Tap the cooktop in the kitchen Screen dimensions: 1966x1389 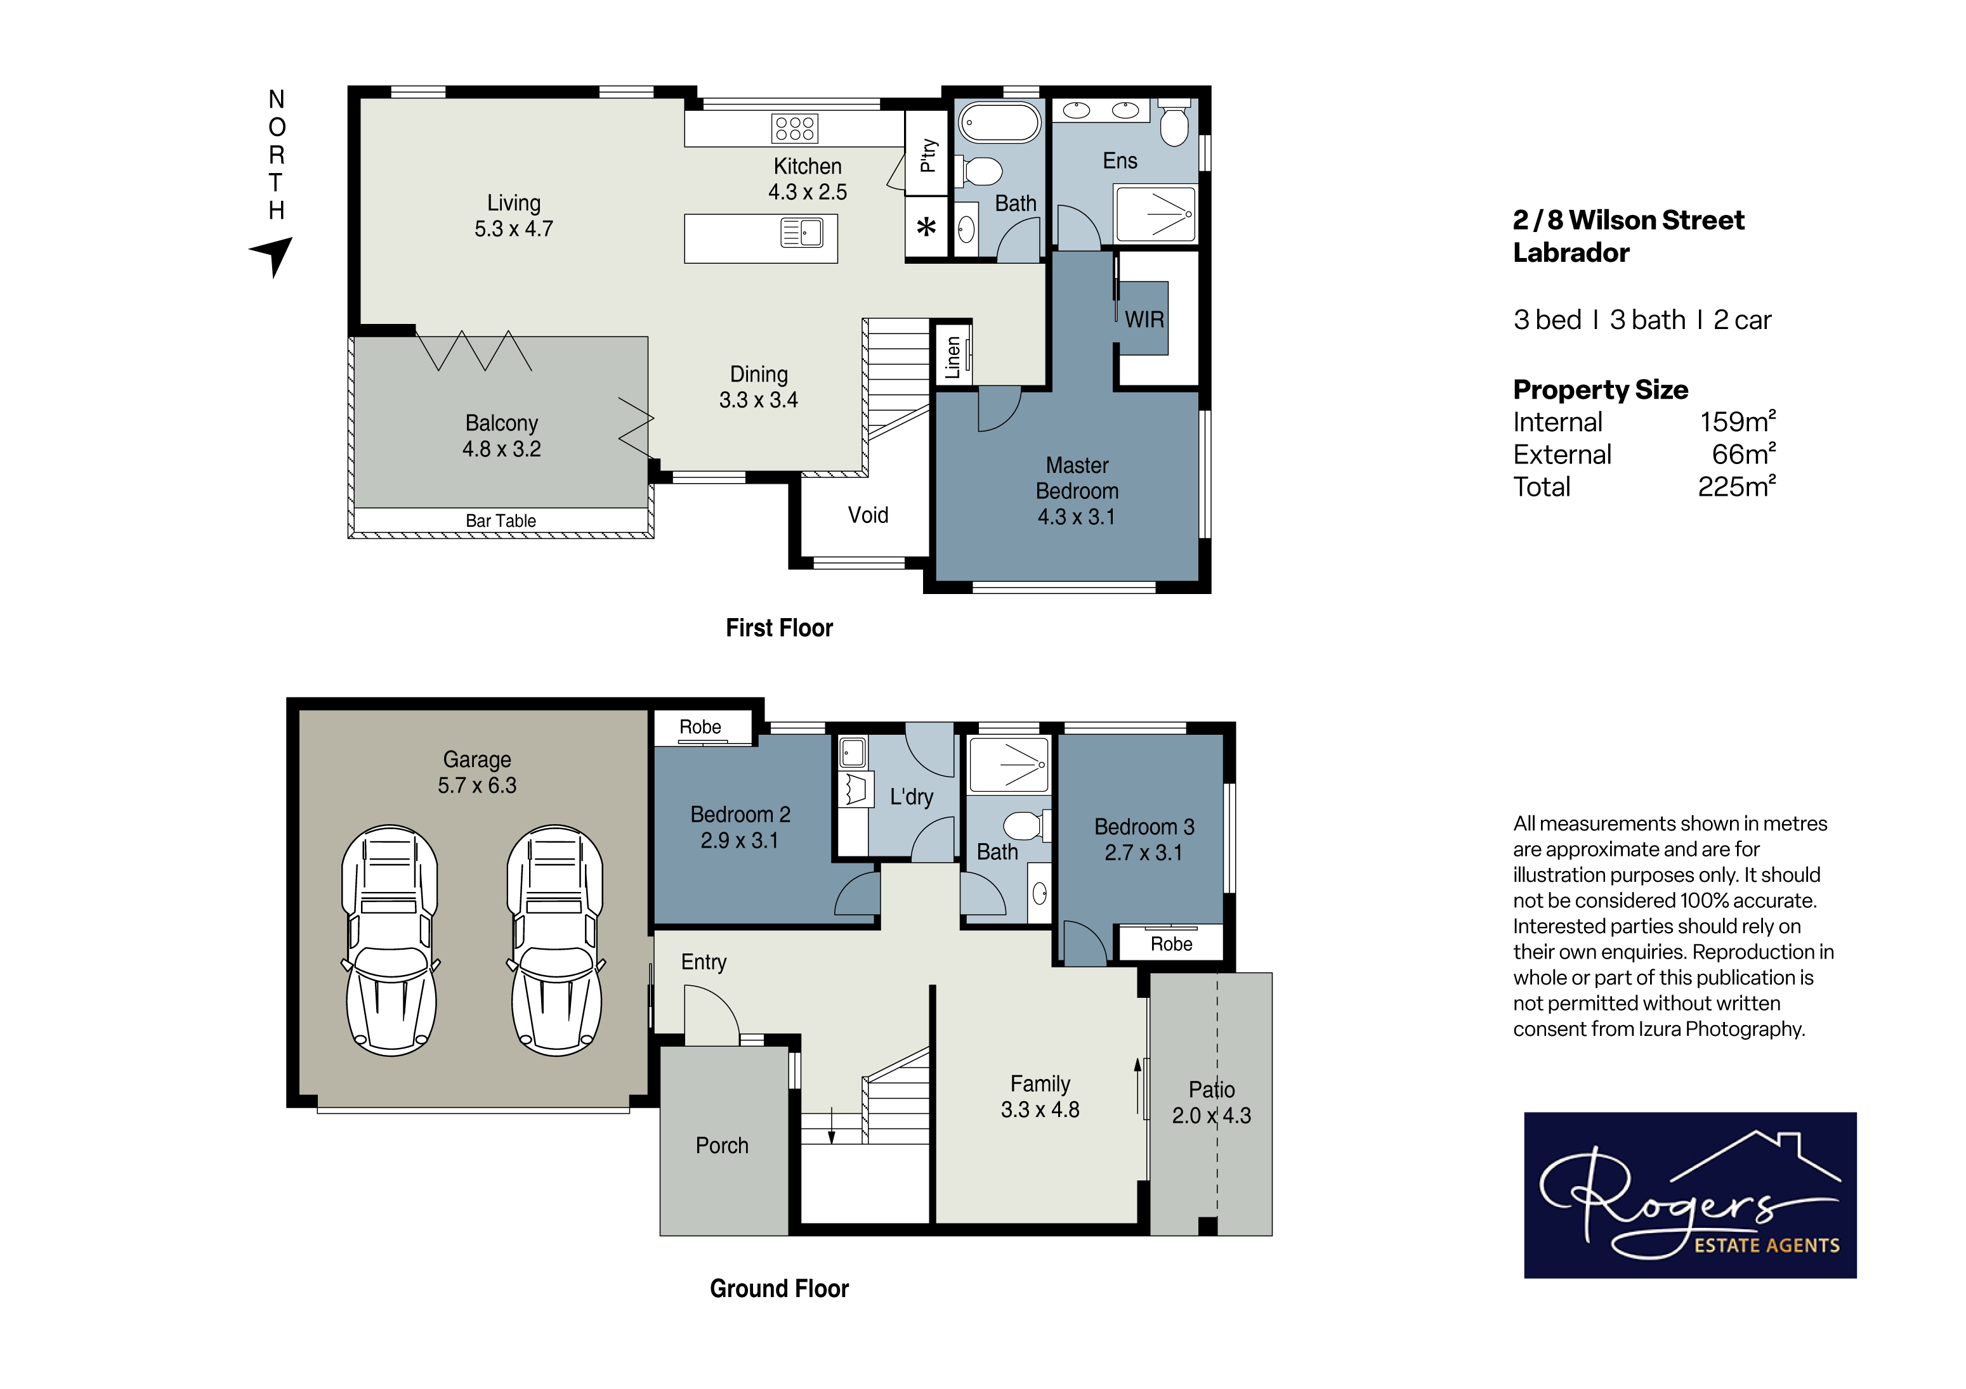coord(795,128)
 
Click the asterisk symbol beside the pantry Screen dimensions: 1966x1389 coord(926,228)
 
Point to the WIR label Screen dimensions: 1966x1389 coord(1144,320)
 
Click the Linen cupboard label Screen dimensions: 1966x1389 coord(952,357)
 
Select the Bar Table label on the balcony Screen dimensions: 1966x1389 coord(501,520)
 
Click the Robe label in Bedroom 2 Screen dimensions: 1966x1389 coord(700,727)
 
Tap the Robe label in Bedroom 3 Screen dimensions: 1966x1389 coord(1171,944)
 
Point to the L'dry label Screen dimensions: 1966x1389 coord(911,797)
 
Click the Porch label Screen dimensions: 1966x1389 coord(722,1145)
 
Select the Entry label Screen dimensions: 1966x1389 coord(704,962)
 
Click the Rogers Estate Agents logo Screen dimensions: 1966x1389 coord(1690,1195)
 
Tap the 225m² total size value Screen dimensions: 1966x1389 coord(1736,486)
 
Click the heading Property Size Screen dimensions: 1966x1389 coord(1601,389)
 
